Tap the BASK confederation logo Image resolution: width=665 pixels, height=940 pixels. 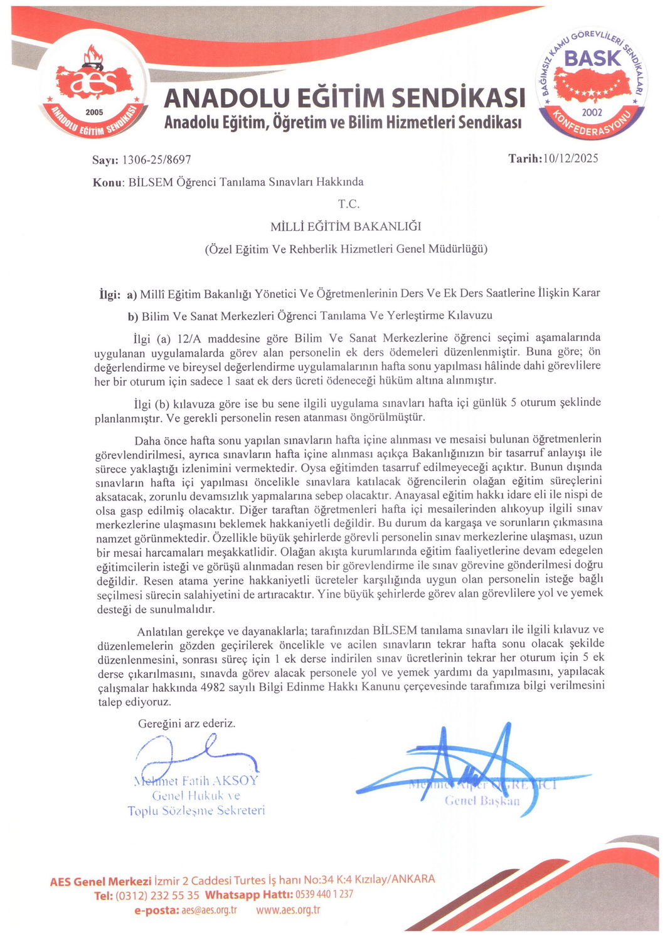click(592, 85)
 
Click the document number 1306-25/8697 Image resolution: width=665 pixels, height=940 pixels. click(156, 160)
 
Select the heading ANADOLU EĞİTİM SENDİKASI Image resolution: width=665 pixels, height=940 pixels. click(344, 98)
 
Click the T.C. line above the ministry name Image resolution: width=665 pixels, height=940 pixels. click(348, 204)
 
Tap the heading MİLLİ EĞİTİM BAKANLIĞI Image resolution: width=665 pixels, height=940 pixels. click(346, 226)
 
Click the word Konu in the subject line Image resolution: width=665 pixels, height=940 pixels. click(107, 182)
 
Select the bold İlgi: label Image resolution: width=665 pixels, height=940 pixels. click(110, 293)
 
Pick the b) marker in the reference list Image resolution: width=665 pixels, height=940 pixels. click(133, 316)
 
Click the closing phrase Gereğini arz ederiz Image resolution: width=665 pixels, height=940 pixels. click(187, 723)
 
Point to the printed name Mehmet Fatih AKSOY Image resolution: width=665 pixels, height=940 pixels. click(196, 781)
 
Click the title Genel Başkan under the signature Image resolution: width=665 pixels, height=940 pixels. click(482, 801)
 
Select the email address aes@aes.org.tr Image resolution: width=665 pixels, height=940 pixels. click(209, 910)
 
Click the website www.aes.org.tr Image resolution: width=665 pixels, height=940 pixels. click(288, 910)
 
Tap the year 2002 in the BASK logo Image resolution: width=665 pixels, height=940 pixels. click(592, 112)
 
